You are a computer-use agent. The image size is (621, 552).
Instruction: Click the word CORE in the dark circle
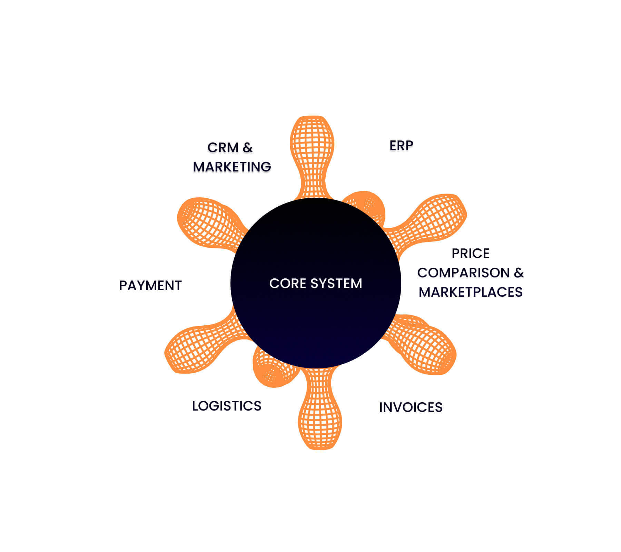click(288, 284)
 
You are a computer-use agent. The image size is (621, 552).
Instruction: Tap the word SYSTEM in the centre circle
click(336, 284)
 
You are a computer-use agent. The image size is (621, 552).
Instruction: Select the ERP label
click(401, 146)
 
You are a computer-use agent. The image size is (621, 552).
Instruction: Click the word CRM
click(223, 148)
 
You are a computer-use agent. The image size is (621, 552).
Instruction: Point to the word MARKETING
click(232, 167)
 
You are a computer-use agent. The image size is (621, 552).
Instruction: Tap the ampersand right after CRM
click(248, 148)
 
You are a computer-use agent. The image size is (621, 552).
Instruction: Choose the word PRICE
click(471, 254)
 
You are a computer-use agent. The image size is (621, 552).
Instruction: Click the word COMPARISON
click(463, 273)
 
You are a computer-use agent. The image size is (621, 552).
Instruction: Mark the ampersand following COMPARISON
click(519, 273)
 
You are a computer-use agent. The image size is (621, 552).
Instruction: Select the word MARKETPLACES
click(471, 292)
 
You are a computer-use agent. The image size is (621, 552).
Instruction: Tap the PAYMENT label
click(150, 286)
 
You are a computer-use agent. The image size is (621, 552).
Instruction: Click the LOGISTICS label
click(227, 406)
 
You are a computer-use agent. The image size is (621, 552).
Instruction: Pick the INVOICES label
click(411, 407)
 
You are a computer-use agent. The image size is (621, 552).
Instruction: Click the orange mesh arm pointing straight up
click(312, 155)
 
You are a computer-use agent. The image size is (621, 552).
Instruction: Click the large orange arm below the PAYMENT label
click(204, 345)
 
